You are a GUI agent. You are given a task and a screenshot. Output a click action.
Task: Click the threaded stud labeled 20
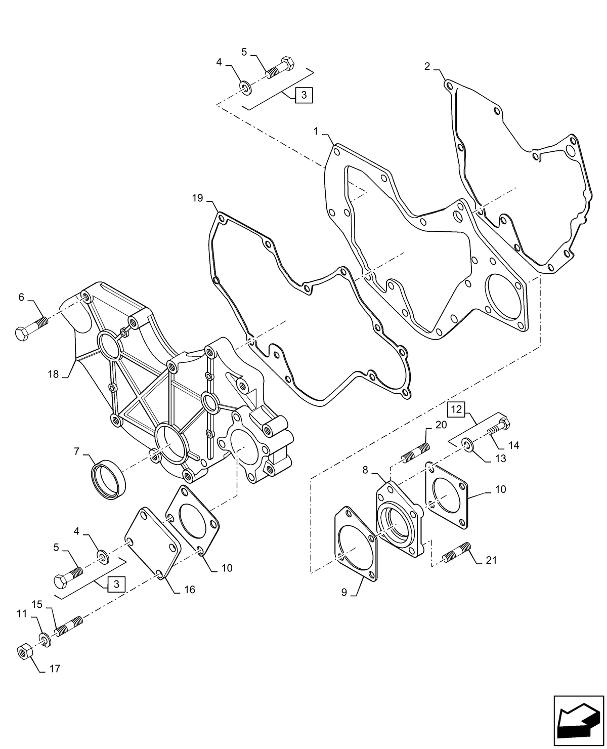coord(416,452)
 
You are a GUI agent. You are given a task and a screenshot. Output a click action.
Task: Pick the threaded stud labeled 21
coord(457,552)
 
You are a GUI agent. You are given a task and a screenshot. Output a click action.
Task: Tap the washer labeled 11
coord(44,640)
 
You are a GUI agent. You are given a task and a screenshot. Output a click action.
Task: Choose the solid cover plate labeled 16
coord(152,543)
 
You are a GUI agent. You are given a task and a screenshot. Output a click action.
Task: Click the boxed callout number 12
coord(456,409)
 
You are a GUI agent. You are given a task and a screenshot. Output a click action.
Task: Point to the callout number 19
coord(197,198)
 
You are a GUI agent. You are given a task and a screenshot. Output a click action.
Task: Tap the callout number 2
coord(427,66)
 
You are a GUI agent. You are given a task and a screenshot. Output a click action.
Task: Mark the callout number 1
coord(316,132)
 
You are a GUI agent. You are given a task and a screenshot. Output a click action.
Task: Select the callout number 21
coord(491,560)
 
